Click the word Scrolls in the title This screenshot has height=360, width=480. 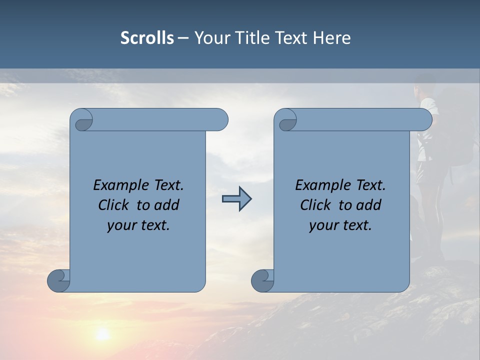click(147, 38)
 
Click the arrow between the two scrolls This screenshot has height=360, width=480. click(236, 199)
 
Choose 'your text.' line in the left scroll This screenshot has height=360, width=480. click(138, 225)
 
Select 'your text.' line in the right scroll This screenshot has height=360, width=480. click(340, 225)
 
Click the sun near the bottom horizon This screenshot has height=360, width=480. click(103, 334)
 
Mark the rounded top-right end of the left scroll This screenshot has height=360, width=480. click(220, 120)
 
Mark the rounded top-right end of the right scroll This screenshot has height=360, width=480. click(424, 120)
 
